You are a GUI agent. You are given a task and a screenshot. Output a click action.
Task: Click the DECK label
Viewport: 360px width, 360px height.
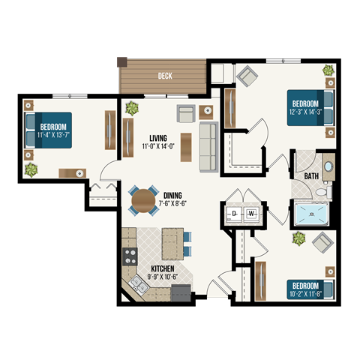[x=165, y=76]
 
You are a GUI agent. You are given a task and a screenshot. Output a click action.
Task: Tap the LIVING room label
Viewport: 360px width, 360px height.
[x=157, y=138]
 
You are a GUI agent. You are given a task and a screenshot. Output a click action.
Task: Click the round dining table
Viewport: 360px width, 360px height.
[x=142, y=200]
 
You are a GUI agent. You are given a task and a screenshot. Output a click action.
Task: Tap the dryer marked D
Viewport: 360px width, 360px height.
[x=234, y=214]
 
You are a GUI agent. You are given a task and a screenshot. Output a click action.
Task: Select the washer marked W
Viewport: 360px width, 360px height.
[x=251, y=214]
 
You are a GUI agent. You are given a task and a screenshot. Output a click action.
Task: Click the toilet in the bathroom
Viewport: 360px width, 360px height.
[x=323, y=193]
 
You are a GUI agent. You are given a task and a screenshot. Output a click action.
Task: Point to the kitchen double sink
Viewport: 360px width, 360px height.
[x=138, y=284]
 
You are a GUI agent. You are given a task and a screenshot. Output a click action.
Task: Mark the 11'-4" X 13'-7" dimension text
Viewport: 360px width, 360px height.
[x=53, y=135]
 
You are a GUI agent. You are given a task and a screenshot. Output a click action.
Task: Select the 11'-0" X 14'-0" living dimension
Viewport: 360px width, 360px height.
[x=158, y=147]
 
